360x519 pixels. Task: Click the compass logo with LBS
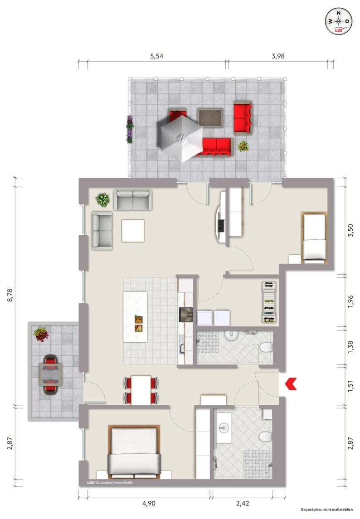click(338, 21)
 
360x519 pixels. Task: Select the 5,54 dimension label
click(157, 56)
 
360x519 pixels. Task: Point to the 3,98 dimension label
click(278, 56)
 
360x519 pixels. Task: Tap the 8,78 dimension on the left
click(10, 295)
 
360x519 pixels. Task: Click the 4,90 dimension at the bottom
click(149, 503)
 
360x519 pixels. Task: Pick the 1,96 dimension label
click(350, 301)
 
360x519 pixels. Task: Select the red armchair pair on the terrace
click(243, 118)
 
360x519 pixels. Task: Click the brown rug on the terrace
click(210, 117)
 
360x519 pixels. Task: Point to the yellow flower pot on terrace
click(243, 146)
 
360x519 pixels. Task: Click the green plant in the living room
click(102, 200)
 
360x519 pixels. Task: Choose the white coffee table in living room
click(133, 231)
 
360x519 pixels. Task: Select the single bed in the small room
click(314, 238)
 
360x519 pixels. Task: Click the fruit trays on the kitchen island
click(139, 324)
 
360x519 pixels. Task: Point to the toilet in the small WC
click(266, 347)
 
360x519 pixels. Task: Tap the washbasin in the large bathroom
click(224, 427)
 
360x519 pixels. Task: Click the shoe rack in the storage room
click(269, 302)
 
